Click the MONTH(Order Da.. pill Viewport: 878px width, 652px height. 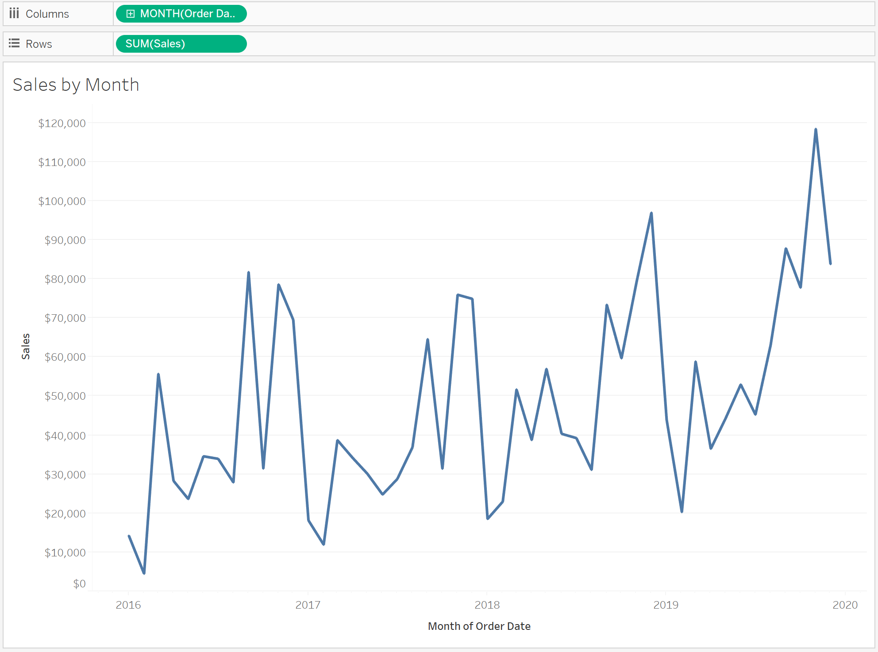tap(181, 14)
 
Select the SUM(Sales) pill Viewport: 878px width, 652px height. tap(181, 44)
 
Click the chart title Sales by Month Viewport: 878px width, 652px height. tap(76, 85)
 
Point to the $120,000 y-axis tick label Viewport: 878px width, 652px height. tap(62, 123)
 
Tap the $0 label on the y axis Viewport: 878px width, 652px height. tap(80, 583)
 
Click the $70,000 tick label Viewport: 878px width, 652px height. tap(65, 318)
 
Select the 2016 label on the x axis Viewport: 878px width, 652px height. tap(128, 605)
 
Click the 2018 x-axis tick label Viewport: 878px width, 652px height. tap(487, 605)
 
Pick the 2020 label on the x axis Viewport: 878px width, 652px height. tap(845, 605)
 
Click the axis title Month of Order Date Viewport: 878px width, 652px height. tap(479, 626)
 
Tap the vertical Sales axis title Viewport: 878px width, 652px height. tap(26, 347)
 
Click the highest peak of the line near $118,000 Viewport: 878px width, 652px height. tap(816, 129)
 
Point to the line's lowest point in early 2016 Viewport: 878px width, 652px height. tap(144, 573)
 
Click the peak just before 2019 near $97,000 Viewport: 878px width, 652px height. tap(651, 213)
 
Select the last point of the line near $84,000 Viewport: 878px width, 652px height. tap(831, 264)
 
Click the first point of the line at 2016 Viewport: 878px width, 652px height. tap(129, 536)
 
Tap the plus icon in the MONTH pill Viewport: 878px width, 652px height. tap(130, 14)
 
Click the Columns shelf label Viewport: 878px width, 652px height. tap(47, 14)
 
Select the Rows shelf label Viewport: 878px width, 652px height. tap(39, 44)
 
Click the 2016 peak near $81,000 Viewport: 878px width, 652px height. tap(249, 273)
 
